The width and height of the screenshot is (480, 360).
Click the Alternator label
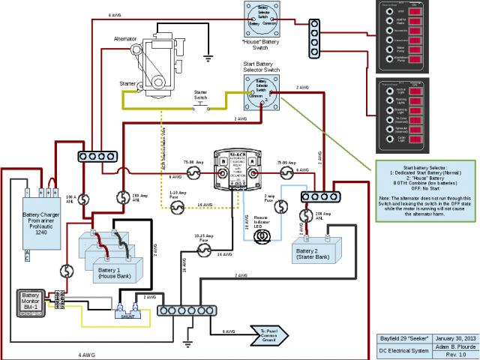124,37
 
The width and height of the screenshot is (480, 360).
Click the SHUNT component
127,310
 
